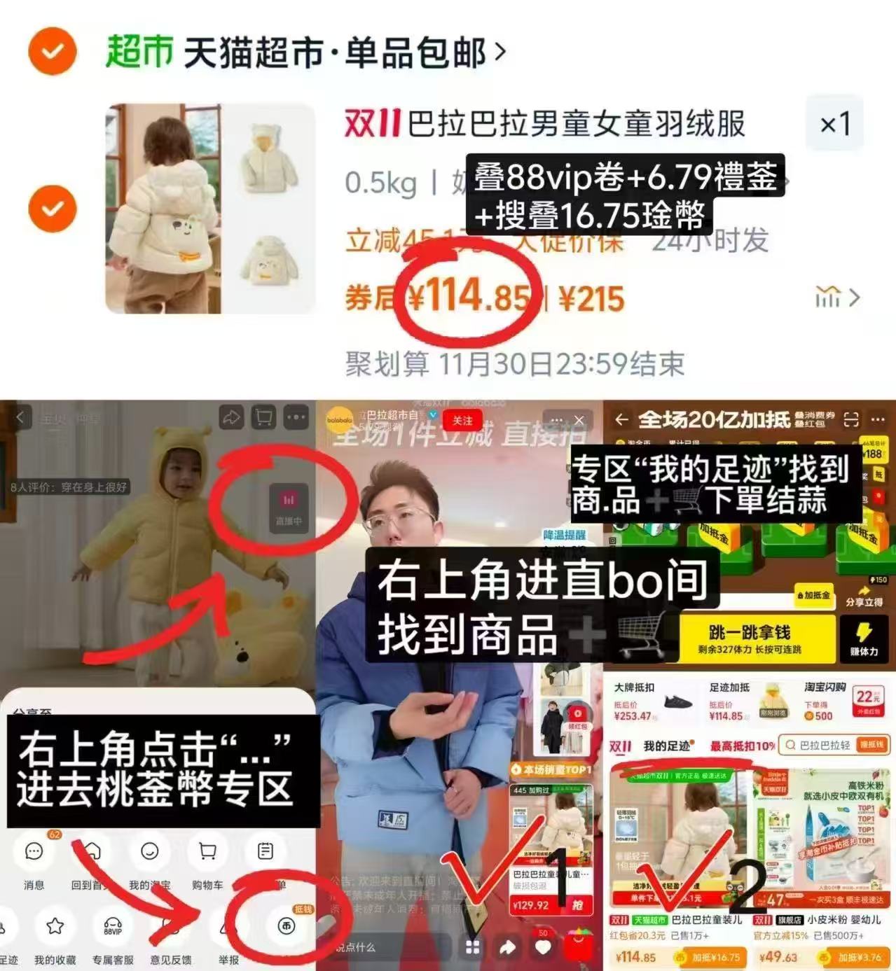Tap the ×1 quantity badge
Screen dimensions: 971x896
tap(834, 125)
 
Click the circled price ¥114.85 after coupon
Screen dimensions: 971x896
tap(468, 297)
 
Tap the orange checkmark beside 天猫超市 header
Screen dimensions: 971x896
tap(52, 51)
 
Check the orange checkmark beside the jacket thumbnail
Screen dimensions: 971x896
tap(52, 209)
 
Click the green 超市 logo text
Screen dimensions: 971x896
tap(139, 52)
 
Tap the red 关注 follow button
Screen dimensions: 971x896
tap(462, 420)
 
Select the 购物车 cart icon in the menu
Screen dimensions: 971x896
tap(207, 852)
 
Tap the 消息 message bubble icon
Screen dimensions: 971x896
tap(34, 852)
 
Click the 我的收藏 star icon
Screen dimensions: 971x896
tap(55, 927)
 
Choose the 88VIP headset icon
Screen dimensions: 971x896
tap(113, 927)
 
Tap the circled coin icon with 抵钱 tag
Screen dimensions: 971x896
tap(286, 926)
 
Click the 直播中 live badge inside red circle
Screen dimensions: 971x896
tap(289, 507)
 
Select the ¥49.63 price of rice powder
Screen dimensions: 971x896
tap(778, 957)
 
